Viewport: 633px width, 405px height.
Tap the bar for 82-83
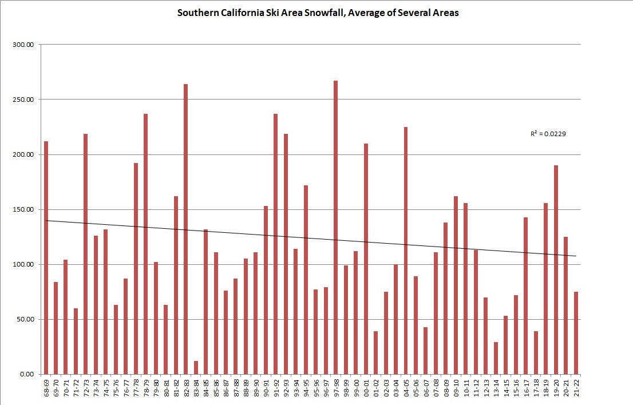pyautogui.click(x=185, y=229)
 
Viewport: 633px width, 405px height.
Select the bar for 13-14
pyautogui.click(x=496, y=358)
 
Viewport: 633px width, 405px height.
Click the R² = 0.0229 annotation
pyautogui.click(x=548, y=134)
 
